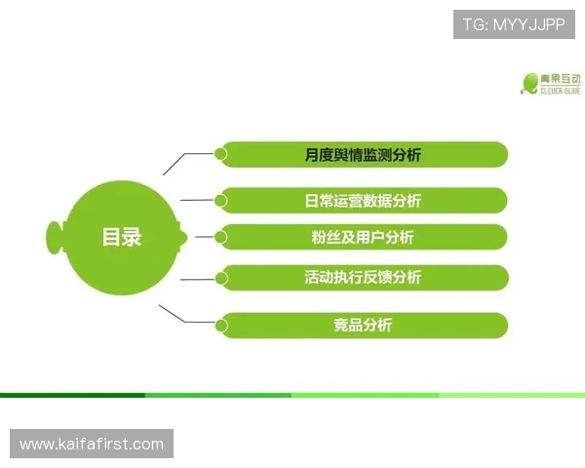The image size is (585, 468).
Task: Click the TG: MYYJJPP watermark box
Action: (x=514, y=22)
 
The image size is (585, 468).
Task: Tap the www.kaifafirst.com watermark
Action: (x=93, y=445)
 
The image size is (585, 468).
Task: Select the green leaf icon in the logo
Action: (x=530, y=84)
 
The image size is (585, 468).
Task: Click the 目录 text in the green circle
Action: (x=122, y=236)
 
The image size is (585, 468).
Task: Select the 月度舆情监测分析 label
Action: (x=363, y=154)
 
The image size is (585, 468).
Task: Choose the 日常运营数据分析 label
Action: (x=363, y=201)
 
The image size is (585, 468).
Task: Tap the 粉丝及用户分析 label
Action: (x=363, y=237)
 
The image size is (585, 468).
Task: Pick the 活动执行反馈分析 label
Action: (x=363, y=277)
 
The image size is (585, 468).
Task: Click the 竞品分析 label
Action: (x=363, y=325)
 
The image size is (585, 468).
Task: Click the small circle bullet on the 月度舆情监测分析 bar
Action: (x=221, y=153)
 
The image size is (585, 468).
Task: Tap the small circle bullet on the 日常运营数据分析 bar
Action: (x=221, y=200)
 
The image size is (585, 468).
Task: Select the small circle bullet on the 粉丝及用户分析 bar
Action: (x=221, y=236)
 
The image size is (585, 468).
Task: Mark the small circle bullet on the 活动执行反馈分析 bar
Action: (x=221, y=277)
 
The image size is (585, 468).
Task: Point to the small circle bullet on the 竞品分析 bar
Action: (x=221, y=325)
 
